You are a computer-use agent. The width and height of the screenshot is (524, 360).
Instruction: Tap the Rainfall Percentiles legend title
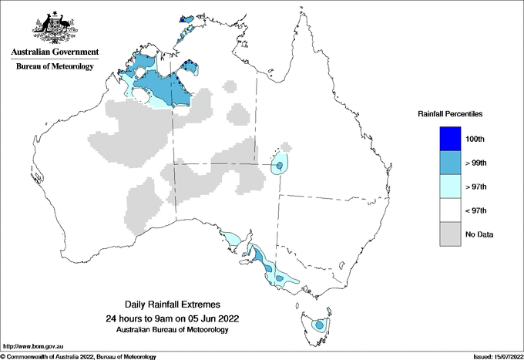450,113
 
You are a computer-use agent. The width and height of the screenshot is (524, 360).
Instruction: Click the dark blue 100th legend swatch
449,139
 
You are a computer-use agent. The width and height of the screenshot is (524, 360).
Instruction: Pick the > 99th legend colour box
449,163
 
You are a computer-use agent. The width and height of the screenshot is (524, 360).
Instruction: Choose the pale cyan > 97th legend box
449,187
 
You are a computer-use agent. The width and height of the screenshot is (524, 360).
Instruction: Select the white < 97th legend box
449,210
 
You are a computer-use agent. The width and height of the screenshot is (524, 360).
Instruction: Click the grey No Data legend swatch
449,234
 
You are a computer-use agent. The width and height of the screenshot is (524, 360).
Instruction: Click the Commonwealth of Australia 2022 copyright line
79,356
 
